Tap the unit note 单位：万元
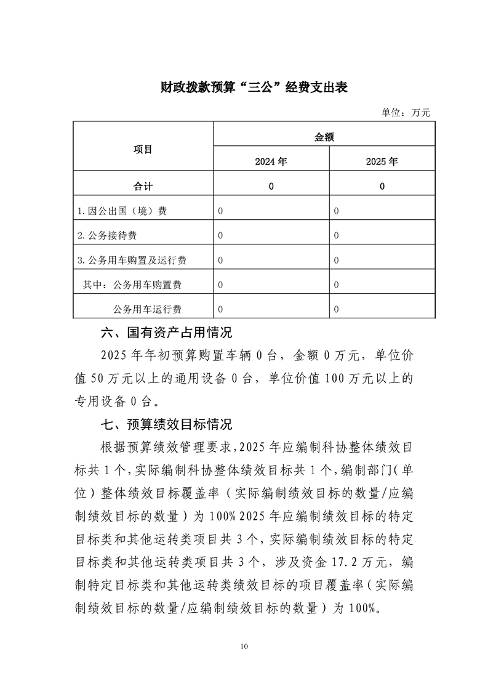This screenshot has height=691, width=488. (406, 113)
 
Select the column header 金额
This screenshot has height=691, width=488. (324, 137)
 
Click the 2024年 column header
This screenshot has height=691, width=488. (271, 162)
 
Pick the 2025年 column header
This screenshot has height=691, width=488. (382, 162)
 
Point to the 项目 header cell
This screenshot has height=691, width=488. (143, 150)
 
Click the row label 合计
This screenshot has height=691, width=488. (143, 186)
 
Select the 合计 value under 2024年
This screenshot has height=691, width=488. (271, 187)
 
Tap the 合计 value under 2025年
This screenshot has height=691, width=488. (382, 187)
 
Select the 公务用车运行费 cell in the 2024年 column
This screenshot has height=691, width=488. (220, 309)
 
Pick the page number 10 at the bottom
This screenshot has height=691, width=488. (244, 646)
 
